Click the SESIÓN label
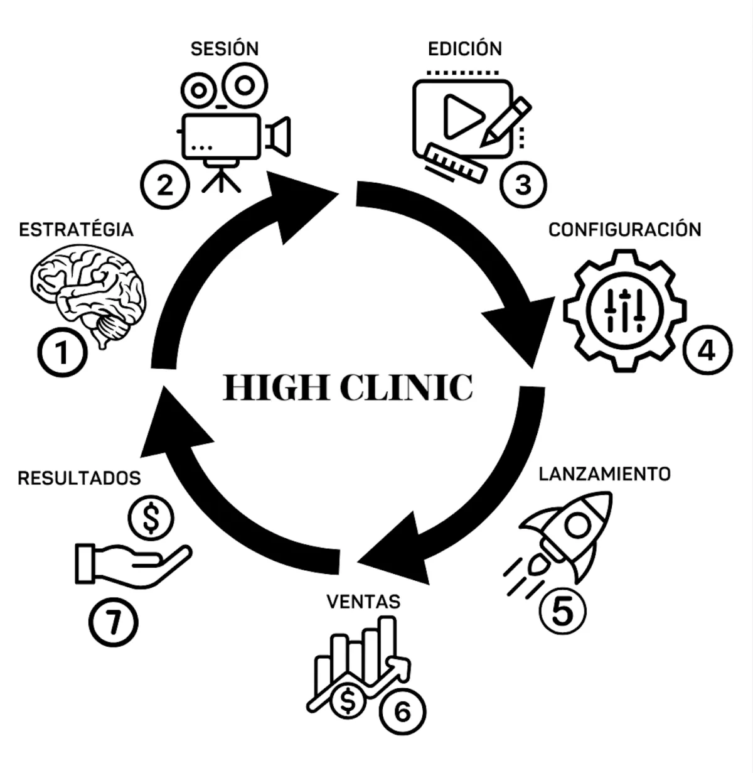[x=225, y=48]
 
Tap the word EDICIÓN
[x=465, y=48]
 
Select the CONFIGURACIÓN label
[x=625, y=230]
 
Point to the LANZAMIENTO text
[x=604, y=474]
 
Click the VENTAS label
[x=363, y=602]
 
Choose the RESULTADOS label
[x=80, y=478]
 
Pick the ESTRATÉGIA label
[x=76, y=230]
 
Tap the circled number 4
[x=707, y=350]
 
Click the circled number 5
[x=562, y=611]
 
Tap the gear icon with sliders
[x=625, y=310]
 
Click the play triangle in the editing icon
[x=462, y=116]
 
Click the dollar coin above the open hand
[x=151, y=518]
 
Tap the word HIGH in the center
[x=276, y=387]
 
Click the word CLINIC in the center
[x=407, y=387]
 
